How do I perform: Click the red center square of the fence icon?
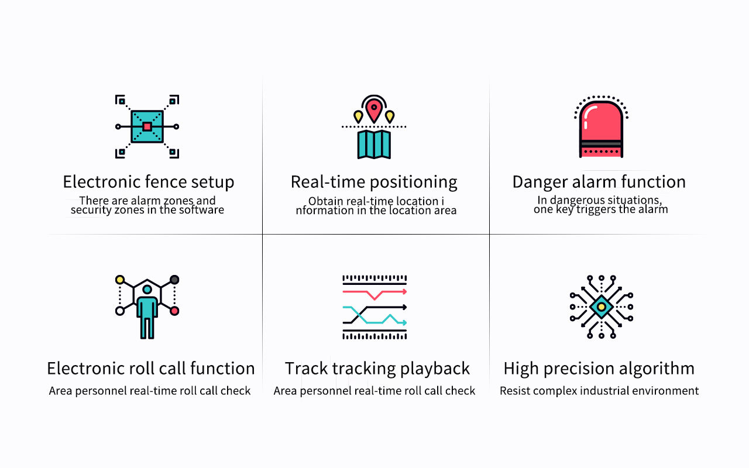click(x=147, y=127)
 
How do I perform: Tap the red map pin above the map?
click(x=374, y=110)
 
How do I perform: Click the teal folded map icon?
click(x=374, y=144)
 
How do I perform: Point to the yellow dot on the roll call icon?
click(x=120, y=280)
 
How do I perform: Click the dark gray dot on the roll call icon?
click(x=174, y=280)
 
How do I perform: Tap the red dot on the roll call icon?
click(x=174, y=311)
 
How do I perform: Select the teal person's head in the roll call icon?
click(x=147, y=289)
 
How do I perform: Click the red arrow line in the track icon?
click(x=374, y=294)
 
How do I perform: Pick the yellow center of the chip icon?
click(x=601, y=307)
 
